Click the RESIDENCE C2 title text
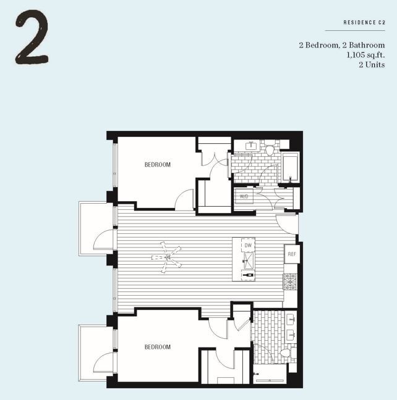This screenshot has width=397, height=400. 364,23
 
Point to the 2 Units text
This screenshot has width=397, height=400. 372,65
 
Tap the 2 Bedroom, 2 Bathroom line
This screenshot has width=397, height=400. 341,45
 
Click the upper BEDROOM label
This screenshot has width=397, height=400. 157,165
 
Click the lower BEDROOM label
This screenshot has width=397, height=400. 157,347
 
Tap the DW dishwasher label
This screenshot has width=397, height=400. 248,246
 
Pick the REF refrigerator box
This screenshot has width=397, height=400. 291,254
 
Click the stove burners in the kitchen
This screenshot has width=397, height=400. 290,282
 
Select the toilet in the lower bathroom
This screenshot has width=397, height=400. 286,353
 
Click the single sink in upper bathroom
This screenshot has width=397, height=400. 251,146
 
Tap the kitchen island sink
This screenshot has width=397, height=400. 248,261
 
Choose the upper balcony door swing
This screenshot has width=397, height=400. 104,240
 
